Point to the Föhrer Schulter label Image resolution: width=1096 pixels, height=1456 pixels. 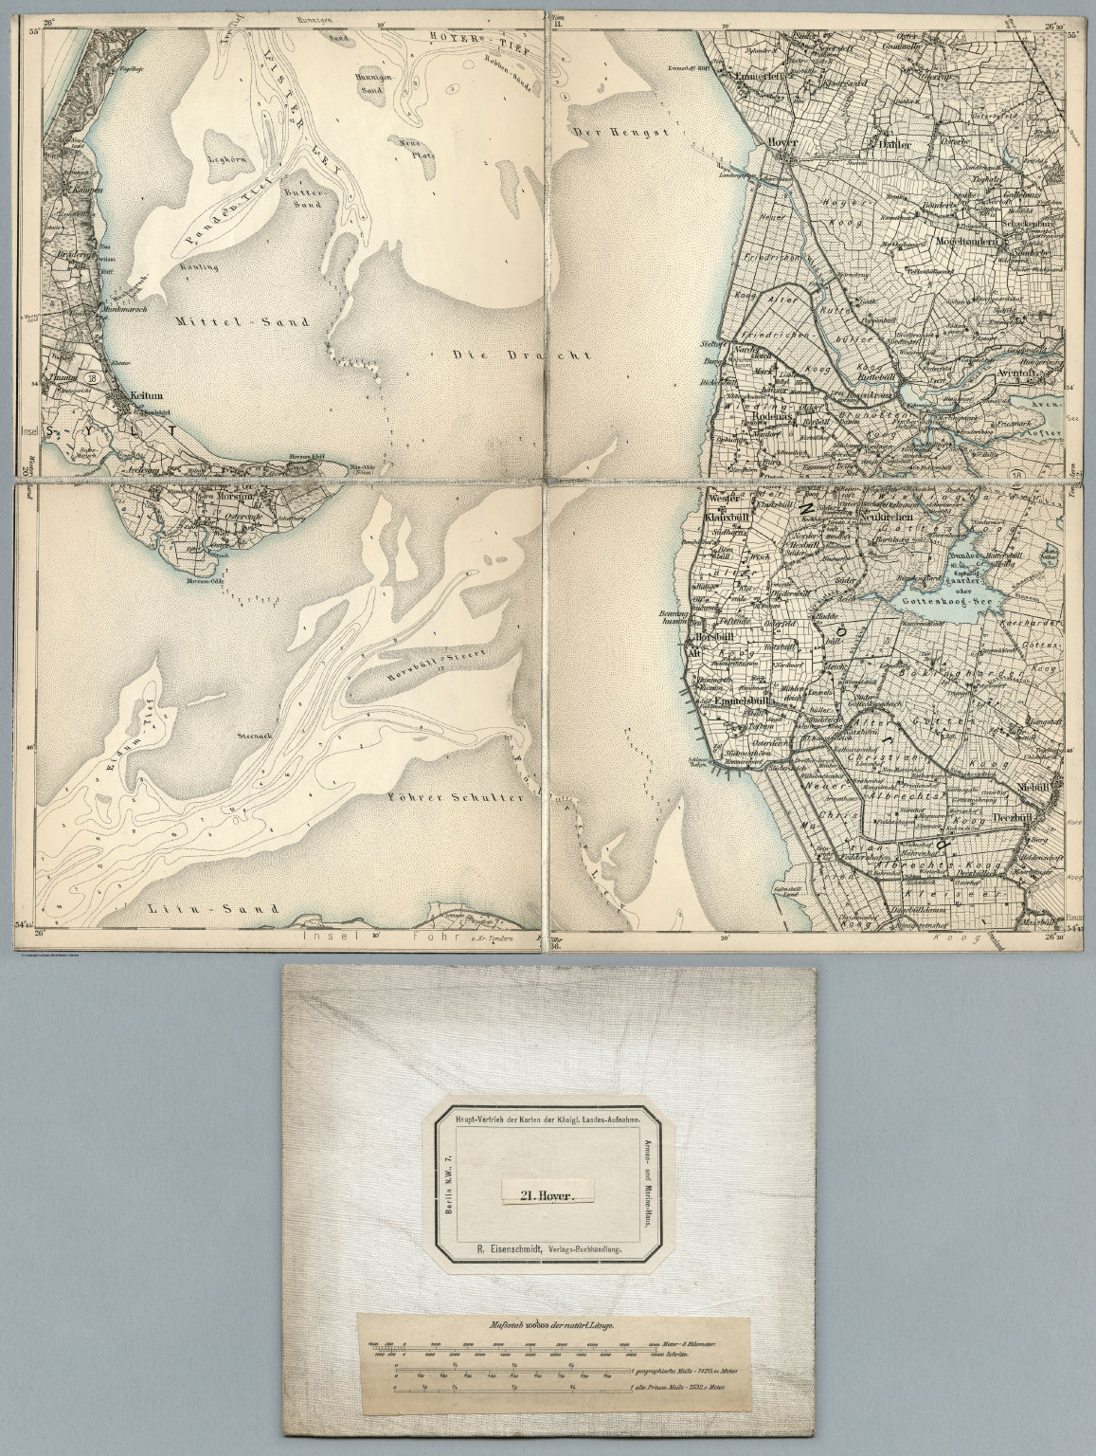tap(457, 798)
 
